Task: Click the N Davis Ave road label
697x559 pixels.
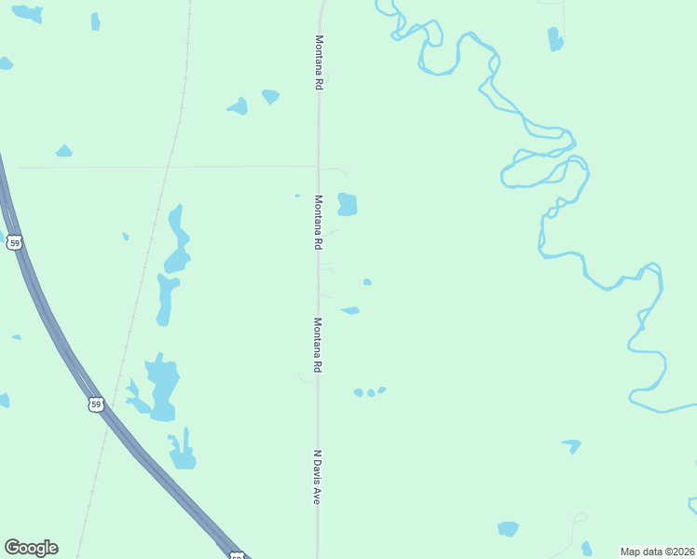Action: (317, 478)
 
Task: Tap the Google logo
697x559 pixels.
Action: (32, 548)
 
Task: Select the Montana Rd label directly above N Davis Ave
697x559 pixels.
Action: (317, 345)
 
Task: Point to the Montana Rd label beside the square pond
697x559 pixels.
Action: (318, 222)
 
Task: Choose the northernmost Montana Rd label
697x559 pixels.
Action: (319, 62)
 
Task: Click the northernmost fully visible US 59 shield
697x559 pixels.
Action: (13, 242)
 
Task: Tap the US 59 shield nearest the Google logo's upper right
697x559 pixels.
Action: (96, 404)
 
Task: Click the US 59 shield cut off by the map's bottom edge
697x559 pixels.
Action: (238, 556)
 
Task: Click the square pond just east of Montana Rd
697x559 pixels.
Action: (347, 204)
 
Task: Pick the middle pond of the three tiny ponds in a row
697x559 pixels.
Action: (371, 393)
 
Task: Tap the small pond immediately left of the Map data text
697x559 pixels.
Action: (586, 548)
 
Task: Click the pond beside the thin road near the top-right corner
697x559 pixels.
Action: (555, 39)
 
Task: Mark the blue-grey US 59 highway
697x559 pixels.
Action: (56, 335)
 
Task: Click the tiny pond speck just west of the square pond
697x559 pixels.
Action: (297, 196)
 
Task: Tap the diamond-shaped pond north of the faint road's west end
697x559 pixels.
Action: (63, 151)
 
